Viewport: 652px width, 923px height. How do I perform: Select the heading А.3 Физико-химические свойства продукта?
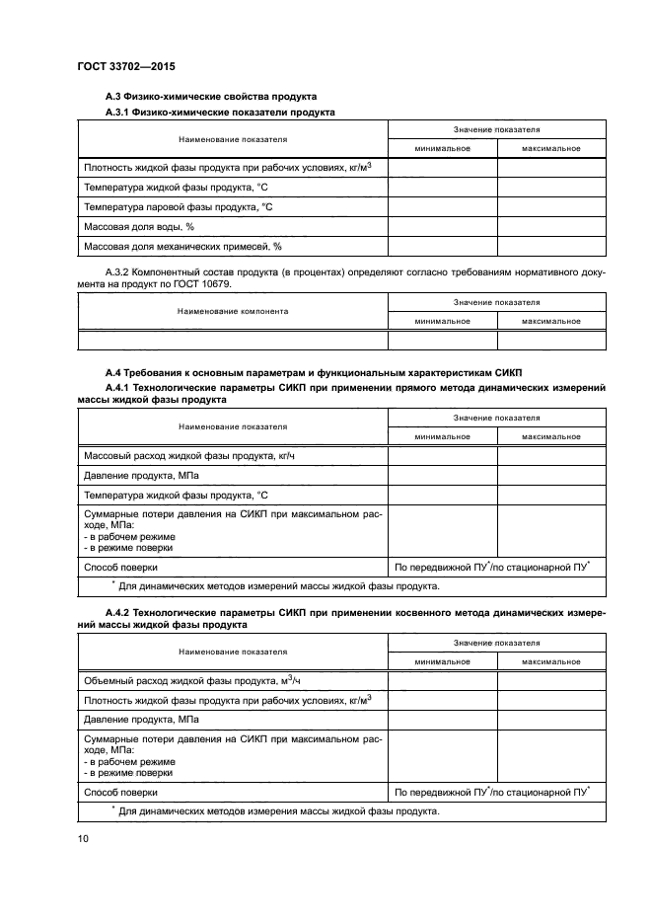[210, 97]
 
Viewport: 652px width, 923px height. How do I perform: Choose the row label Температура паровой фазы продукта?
[178, 206]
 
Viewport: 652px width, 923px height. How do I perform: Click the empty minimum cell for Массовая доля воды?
[442, 226]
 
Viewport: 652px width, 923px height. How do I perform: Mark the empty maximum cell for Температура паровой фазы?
[550, 206]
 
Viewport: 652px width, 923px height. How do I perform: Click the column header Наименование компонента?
[233, 311]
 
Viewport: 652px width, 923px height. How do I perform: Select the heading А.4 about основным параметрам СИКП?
[313, 372]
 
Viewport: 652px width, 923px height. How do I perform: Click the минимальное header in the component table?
[442, 321]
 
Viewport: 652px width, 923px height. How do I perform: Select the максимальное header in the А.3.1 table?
[550, 148]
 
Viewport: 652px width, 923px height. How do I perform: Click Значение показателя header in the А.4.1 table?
[496, 418]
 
